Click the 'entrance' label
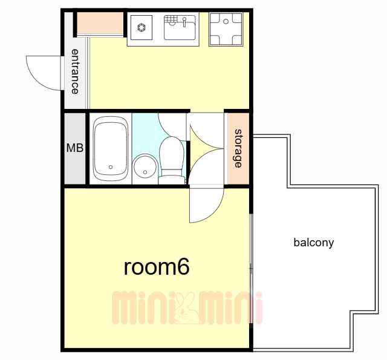[x=75, y=71]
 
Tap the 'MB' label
[x=75, y=148]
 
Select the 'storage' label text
[x=238, y=148]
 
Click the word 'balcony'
[x=314, y=243]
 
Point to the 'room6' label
[x=157, y=267]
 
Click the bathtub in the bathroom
[x=110, y=149]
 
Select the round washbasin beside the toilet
[x=145, y=167]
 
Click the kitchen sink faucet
[x=184, y=22]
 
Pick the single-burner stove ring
[x=141, y=27]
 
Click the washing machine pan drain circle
[x=226, y=22]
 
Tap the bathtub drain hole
[x=111, y=167]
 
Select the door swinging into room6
[x=206, y=206]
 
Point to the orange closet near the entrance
[x=100, y=23]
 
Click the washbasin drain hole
[x=145, y=172]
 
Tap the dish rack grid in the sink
[x=171, y=19]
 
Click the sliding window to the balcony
[x=251, y=269]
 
